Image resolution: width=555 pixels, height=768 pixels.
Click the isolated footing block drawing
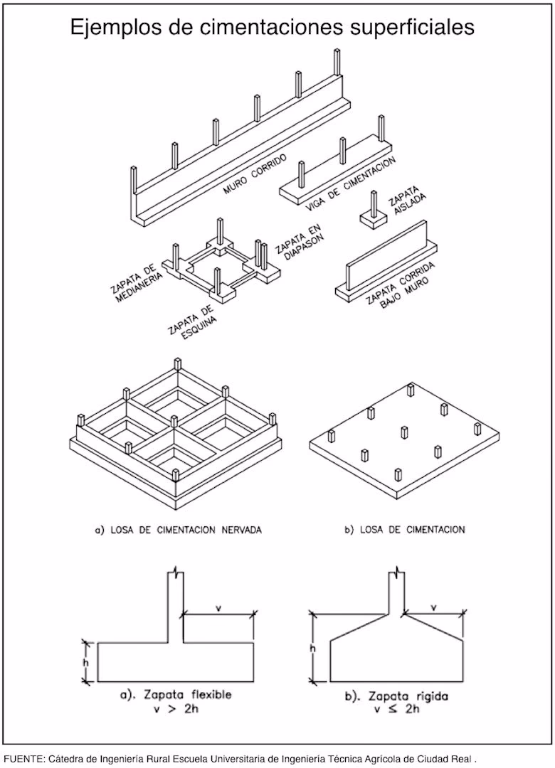(x=374, y=219)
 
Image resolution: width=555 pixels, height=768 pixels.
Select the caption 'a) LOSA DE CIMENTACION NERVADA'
(x=177, y=529)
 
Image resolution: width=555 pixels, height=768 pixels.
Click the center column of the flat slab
(x=404, y=433)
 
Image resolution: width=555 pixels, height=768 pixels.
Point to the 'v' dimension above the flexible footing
(x=218, y=607)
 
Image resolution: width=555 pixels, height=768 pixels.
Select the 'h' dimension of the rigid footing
(x=312, y=649)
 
